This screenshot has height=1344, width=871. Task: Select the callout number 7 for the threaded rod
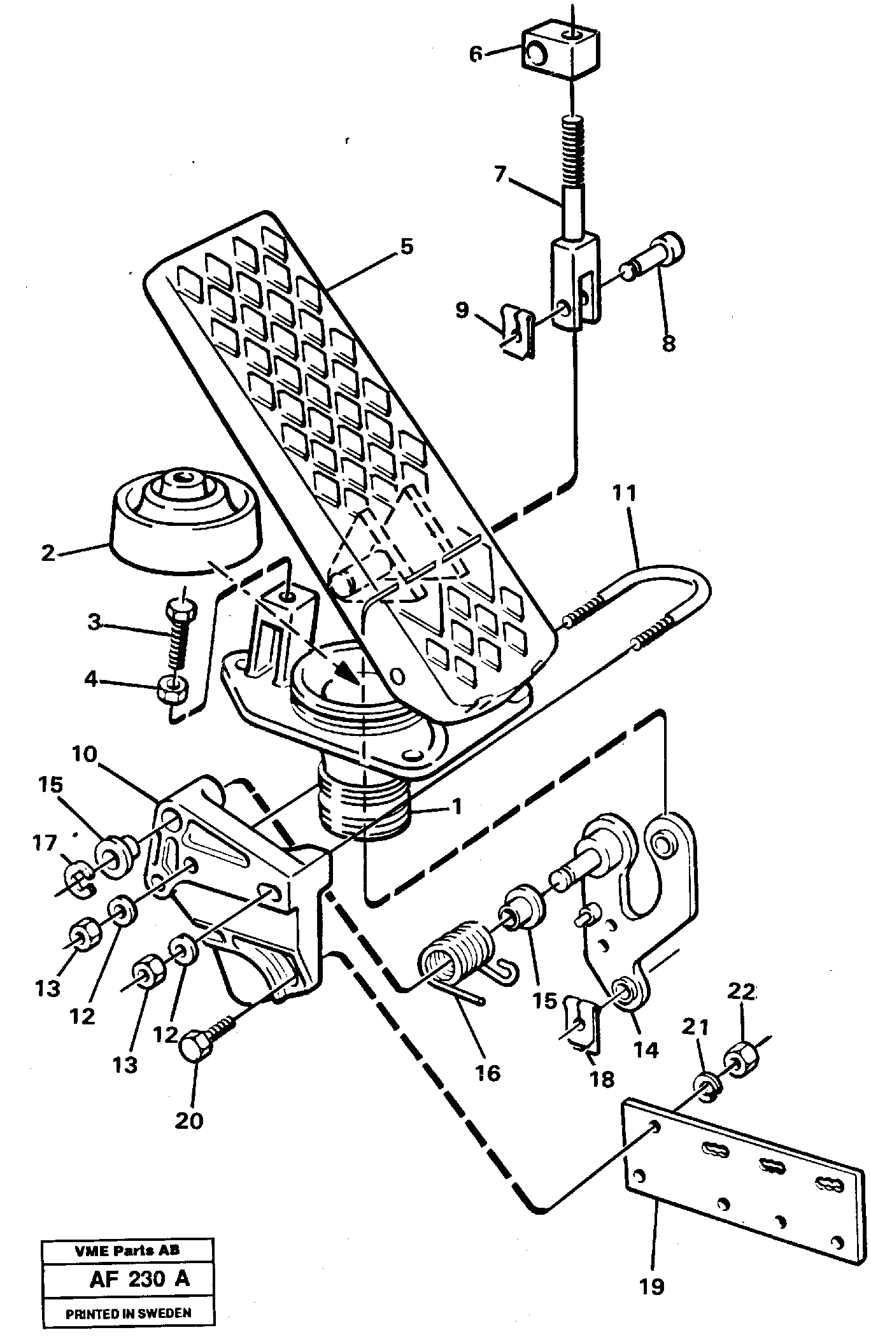click(x=499, y=174)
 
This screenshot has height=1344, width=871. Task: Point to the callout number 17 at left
click(x=45, y=844)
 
